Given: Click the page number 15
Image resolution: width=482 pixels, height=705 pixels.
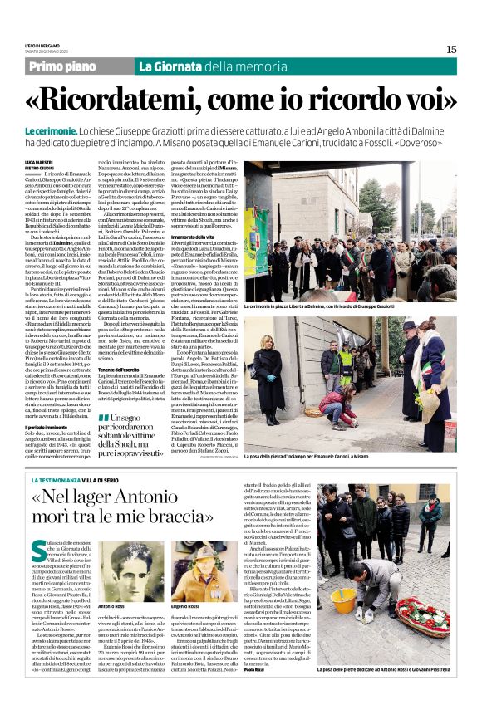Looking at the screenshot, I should (x=451, y=49).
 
